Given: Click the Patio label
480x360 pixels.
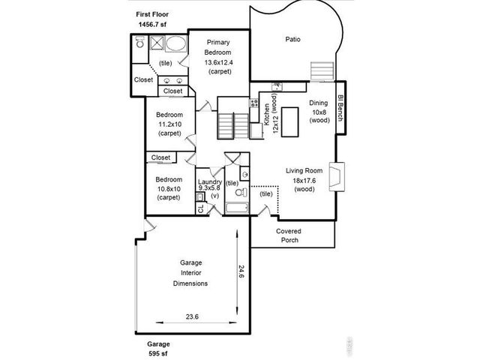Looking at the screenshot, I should click(293, 39).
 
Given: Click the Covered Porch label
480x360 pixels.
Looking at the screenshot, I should click(288, 235).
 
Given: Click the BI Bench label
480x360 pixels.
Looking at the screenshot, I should click(340, 109).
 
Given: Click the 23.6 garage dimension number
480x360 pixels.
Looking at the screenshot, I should click(192, 316).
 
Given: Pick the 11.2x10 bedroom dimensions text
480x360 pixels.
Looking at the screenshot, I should click(169, 124).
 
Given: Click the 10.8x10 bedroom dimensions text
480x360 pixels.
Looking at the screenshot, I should click(169, 189).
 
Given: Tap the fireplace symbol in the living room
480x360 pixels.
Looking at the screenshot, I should click(340, 178).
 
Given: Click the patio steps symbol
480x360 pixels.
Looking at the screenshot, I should click(320, 70).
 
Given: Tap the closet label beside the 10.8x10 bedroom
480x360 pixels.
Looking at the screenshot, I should click(160, 157).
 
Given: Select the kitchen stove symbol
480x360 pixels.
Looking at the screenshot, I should click(253, 104).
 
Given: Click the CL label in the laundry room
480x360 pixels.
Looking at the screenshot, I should click(200, 208).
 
